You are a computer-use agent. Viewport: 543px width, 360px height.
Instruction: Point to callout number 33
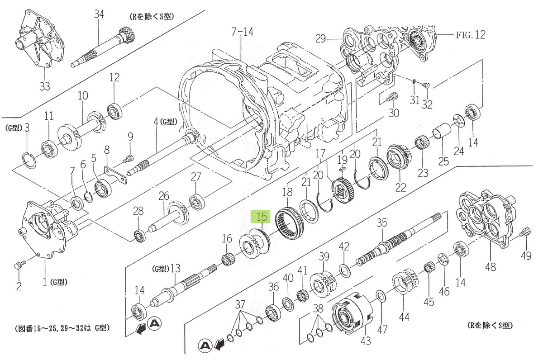coord(45,86)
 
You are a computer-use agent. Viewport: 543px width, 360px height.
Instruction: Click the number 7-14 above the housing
coord(242,32)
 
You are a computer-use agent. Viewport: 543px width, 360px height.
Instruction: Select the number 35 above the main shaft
coord(382,223)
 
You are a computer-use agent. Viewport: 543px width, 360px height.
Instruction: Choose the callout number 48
coord(491,267)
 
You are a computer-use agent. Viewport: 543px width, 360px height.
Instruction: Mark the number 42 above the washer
coord(344,246)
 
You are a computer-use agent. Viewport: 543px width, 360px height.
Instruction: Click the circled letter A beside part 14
coord(154,323)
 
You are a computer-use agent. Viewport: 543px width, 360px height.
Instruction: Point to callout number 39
coord(323,256)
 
